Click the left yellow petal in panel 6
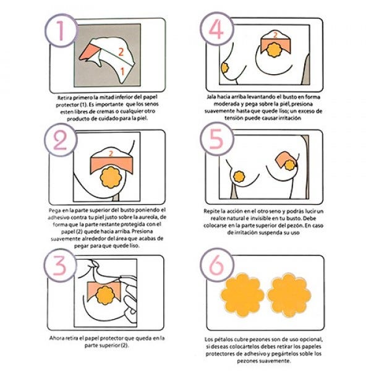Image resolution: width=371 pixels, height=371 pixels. [x=242, y=295]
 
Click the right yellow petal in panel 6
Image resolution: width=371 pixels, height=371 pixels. [x=289, y=295]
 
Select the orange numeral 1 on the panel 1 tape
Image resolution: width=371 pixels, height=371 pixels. [x=122, y=71]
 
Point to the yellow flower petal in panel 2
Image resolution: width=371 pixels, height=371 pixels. [x=111, y=177]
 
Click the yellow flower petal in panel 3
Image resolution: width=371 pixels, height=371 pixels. [x=105, y=295]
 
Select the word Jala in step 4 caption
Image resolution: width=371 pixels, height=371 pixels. [x=211, y=97]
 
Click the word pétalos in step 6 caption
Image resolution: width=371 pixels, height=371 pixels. [x=222, y=339]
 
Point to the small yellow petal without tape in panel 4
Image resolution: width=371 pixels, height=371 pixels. [x=224, y=68]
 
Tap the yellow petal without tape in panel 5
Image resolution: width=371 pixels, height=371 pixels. [x=239, y=177]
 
